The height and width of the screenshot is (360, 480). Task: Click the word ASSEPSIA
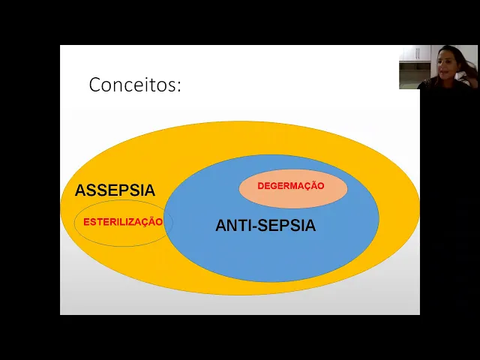pyautogui.click(x=115, y=190)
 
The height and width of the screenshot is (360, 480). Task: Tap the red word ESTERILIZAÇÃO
pyautogui.click(x=123, y=222)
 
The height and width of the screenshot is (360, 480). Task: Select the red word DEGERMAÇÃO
pyautogui.click(x=291, y=186)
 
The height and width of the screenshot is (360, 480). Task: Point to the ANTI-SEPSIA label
pyautogui.click(x=265, y=225)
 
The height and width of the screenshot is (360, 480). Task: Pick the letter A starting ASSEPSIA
pyautogui.click(x=79, y=190)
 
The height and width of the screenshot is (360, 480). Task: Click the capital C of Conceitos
pyautogui.click(x=95, y=85)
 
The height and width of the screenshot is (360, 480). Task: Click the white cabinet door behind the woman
pyautogui.click(x=409, y=53)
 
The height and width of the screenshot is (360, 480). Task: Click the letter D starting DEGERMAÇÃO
pyautogui.click(x=261, y=186)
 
